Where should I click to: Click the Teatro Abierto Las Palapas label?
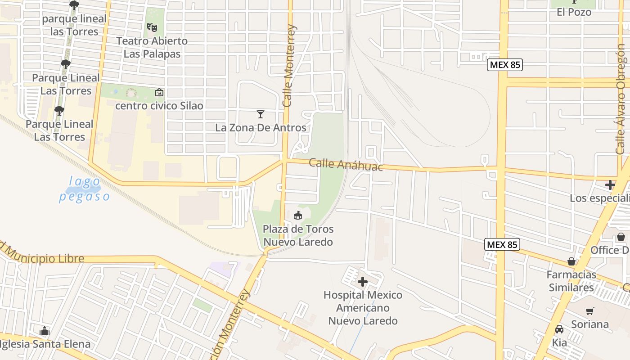tap(152, 47)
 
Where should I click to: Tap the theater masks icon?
tap(153, 27)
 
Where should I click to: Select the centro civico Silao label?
tap(159, 106)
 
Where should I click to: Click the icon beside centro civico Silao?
tap(159, 93)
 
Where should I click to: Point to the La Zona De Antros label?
tap(261, 127)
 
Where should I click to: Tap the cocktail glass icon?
tap(260, 114)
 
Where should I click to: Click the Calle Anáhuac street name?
tap(346, 164)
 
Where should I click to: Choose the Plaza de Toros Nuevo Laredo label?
tap(298, 235)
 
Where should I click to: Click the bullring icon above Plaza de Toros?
tap(298, 216)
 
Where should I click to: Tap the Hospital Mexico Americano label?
tap(363, 308)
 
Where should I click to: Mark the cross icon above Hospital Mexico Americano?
tap(363, 282)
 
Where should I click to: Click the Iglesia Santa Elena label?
tap(45, 344)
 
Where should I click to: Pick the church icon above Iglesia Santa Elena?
tap(44, 331)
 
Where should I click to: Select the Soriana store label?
tap(589, 324)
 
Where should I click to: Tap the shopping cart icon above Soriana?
tap(589, 311)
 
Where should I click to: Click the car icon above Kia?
tap(559, 330)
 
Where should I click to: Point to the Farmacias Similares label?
tap(571, 281)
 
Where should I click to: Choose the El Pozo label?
tap(574, 12)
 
